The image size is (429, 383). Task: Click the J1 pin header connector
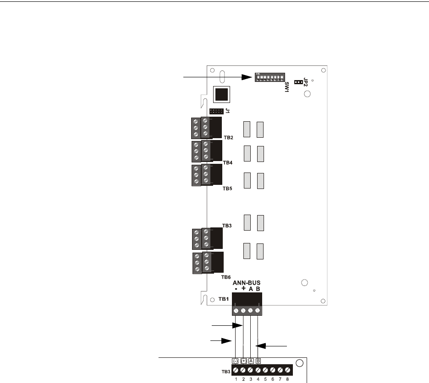216,111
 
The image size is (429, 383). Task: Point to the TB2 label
229,137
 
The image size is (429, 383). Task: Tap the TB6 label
226,277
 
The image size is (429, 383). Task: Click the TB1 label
224,299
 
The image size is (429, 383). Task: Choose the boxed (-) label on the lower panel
236,361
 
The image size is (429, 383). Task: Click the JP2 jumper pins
298,82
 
